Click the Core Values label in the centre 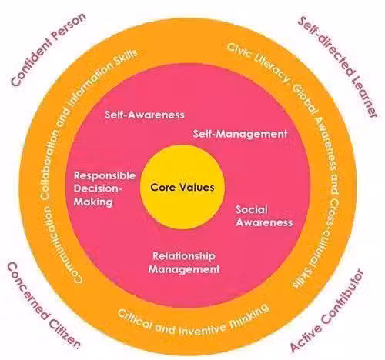182,187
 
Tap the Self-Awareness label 145,115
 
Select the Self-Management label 240,134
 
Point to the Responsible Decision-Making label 105,188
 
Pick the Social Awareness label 264,216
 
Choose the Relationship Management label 184,262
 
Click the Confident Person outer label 49,49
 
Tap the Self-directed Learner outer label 338,67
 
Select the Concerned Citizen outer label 43,305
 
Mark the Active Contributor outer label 327,311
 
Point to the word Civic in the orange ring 238,51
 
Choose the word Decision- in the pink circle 97,188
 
